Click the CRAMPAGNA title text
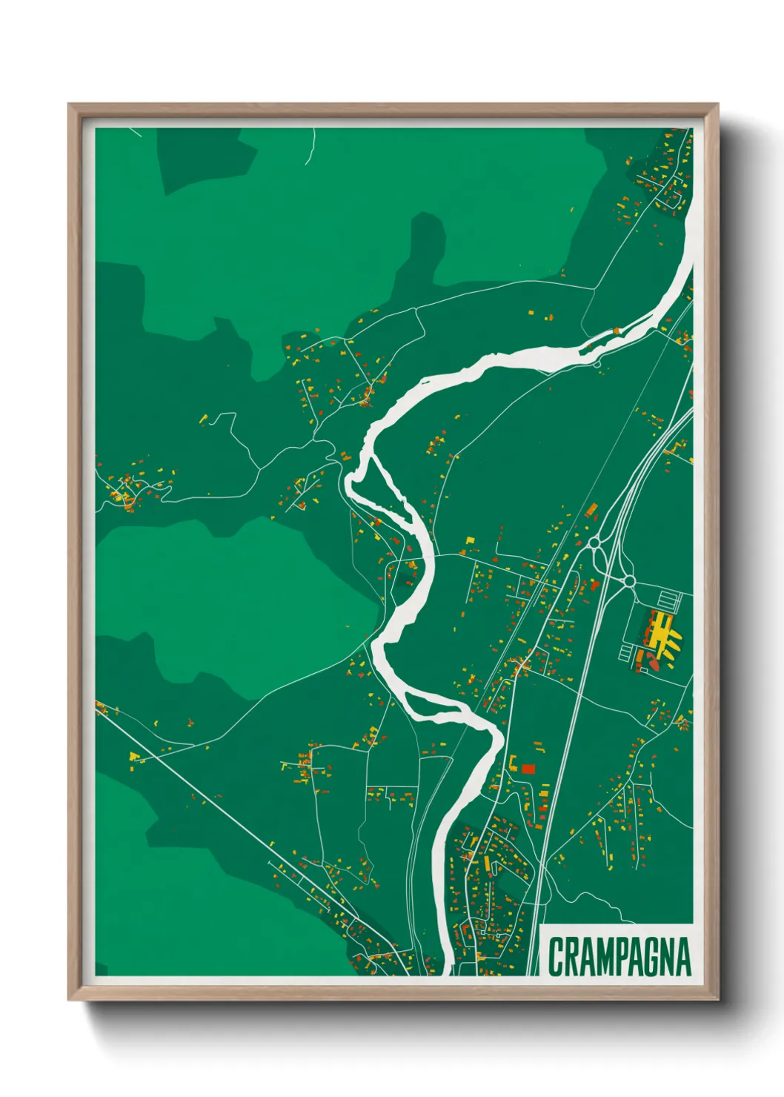619,957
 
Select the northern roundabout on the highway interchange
594,543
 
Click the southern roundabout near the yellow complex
628,580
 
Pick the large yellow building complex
662,634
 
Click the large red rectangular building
528,769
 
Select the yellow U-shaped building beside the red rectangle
512,763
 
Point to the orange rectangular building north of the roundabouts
591,509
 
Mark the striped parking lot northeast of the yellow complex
670,599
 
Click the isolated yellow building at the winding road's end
203,420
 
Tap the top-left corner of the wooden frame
71,107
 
